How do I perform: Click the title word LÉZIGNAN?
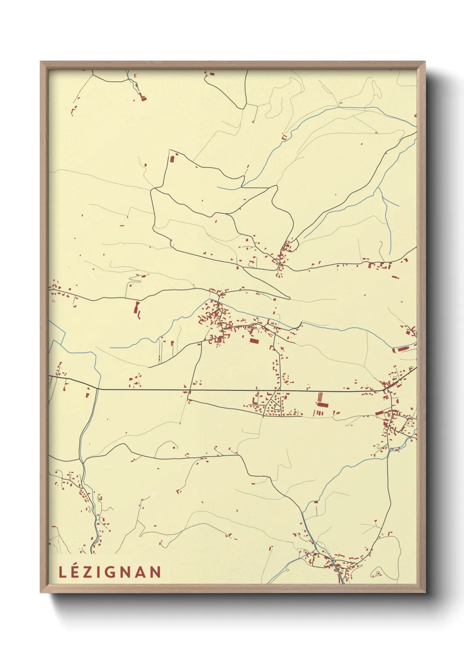coord(110,572)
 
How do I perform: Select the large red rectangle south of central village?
coord(253,340)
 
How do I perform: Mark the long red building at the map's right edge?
coord(403,349)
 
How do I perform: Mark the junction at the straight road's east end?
coord(385,390)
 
